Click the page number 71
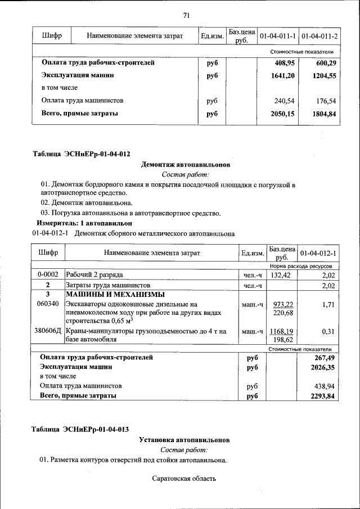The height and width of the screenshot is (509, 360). coord(186,15)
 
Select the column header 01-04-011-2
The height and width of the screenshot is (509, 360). coord(319,37)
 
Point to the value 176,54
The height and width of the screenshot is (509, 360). coord(326,101)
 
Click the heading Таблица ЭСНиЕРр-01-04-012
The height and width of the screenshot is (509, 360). coord(82,154)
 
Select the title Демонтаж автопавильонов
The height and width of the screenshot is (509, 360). coord(185,165)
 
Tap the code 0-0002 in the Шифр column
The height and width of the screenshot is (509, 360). coord(48,275)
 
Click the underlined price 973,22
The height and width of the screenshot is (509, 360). coord(282,304)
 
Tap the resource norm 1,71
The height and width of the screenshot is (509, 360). coord(328,304)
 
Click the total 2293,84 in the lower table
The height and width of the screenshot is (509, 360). coord(322,396)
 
